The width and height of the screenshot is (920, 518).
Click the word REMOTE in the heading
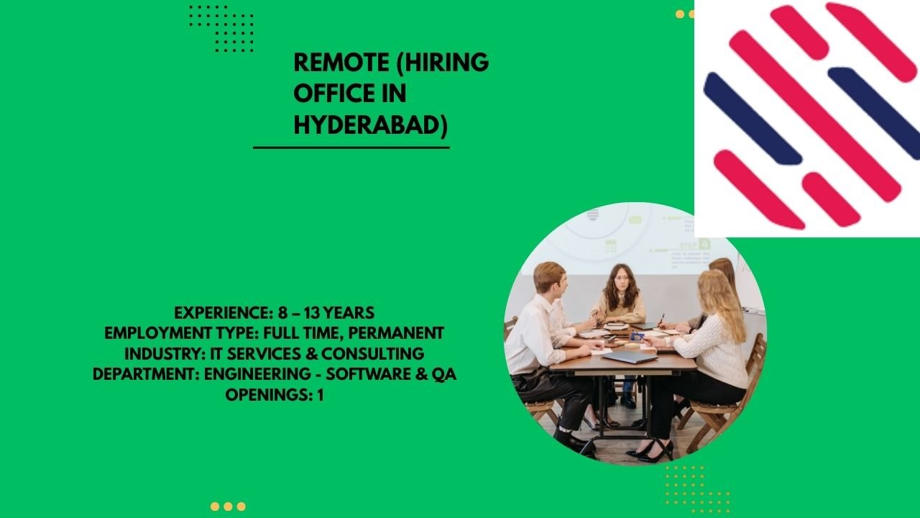click(x=341, y=63)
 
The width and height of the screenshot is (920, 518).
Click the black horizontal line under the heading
click(x=351, y=147)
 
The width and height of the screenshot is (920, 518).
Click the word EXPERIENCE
click(x=222, y=313)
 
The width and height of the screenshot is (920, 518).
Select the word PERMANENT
click(x=396, y=333)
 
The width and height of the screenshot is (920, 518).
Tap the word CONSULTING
click(x=372, y=353)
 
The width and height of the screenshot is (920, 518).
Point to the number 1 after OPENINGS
click(x=321, y=395)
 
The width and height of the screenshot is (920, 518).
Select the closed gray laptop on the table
click(x=630, y=356)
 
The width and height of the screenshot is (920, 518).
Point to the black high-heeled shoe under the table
click(x=651, y=453)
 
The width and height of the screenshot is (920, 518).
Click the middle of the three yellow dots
click(x=228, y=506)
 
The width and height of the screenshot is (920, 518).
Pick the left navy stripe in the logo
click(x=753, y=119)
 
